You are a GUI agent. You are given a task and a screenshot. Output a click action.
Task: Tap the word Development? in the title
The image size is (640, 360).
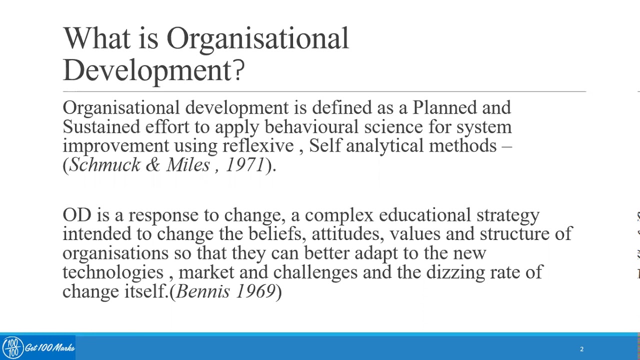154,70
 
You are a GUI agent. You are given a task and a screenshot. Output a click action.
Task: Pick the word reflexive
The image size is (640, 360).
258,146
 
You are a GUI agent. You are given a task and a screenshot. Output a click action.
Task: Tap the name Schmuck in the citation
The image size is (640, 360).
105,165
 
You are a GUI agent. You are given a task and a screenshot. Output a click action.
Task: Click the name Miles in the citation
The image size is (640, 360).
188,165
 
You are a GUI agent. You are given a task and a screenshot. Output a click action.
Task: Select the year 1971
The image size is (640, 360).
245,165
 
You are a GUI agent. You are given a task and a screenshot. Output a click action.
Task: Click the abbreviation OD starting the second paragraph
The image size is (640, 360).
77,215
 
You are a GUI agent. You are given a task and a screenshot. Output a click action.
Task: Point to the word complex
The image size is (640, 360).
339,215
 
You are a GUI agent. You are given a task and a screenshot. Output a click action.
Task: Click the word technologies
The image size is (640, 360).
113,272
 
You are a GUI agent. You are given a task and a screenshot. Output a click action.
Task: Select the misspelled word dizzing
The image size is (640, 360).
456,272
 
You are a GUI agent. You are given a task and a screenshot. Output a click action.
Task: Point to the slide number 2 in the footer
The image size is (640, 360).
581,349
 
